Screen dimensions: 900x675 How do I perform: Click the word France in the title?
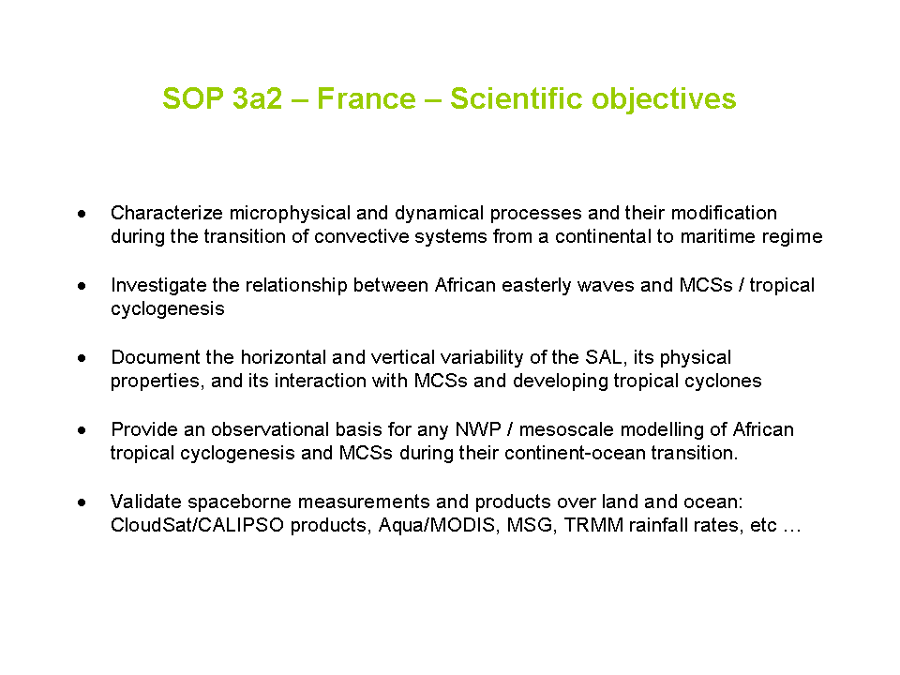click(367, 98)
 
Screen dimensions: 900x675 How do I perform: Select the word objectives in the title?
click(664, 98)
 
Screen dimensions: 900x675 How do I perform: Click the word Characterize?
click(167, 213)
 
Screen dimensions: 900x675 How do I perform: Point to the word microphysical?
click(290, 214)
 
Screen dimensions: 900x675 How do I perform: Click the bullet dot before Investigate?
click(82, 285)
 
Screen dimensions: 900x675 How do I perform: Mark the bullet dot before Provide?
click(82, 430)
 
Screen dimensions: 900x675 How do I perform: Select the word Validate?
click(146, 502)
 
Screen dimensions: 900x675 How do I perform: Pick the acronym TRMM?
click(593, 526)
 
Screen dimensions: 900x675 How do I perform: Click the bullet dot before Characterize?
click(82, 214)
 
